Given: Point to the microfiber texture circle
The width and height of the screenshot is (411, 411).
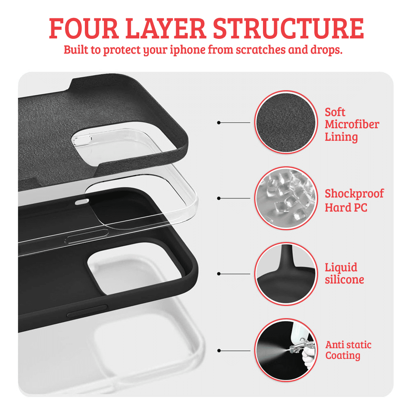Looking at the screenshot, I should point(286,123).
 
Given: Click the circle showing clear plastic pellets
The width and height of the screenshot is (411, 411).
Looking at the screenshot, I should point(286,198).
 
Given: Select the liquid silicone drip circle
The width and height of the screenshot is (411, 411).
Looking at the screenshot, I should point(286,274).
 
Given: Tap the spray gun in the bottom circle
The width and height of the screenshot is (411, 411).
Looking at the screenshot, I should point(299,349).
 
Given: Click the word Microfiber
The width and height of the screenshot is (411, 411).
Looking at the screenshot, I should point(352,124).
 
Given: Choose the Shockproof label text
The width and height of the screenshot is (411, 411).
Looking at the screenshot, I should point(354,193).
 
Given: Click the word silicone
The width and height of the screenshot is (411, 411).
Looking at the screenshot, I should point(344,280).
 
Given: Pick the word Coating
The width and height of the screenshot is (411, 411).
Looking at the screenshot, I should point(342,356).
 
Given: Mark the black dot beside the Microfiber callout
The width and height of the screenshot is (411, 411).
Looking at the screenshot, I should point(219,123).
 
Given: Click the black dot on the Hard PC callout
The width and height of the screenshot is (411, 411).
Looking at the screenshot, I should point(219,198).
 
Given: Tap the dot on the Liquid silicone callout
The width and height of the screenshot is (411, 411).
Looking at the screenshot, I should point(219,274).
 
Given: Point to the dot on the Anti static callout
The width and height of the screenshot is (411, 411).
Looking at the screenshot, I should point(219,350).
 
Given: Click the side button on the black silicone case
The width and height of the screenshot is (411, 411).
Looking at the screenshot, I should point(87,311).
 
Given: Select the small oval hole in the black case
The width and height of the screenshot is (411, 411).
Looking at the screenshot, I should point(82,202).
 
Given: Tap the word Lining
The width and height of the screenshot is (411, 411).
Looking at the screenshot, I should point(341,137).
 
